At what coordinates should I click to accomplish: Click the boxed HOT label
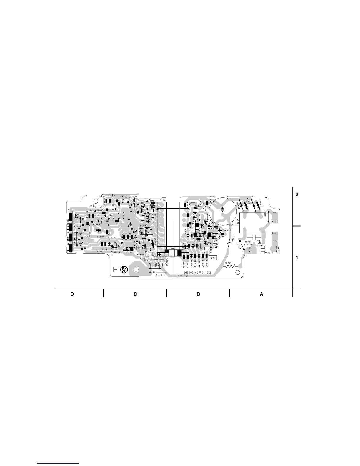(212, 258)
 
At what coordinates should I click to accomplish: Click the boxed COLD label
(161, 275)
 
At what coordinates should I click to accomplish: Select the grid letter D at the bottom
(72, 294)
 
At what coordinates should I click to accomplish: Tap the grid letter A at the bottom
(261, 294)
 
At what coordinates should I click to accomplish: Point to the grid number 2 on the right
(297, 195)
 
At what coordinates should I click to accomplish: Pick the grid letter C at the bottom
(135, 294)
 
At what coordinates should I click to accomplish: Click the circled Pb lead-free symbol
(124, 269)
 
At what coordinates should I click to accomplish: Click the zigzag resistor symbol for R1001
(231, 267)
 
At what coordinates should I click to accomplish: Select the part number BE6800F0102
(197, 273)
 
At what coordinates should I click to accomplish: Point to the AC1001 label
(269, 253)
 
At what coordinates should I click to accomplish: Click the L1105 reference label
(101, 237)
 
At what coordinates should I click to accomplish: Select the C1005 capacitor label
(231, 225)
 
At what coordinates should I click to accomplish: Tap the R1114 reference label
(100, 252)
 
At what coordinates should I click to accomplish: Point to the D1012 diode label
(228, 230)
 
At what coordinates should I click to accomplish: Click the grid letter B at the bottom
(198, 294)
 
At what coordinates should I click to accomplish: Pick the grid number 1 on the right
(297, 258)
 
